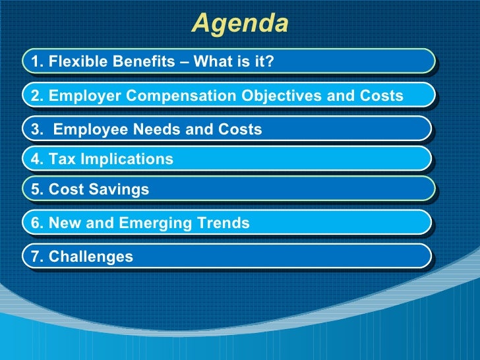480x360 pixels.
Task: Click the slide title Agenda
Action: click(x=240, y=24)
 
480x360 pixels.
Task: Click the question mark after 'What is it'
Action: click(x=270, y=62)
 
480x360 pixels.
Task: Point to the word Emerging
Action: click(x=155, y=224)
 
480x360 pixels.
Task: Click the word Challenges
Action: click(x=90, y=256)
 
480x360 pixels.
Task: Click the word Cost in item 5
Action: click(x=65, y=190)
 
